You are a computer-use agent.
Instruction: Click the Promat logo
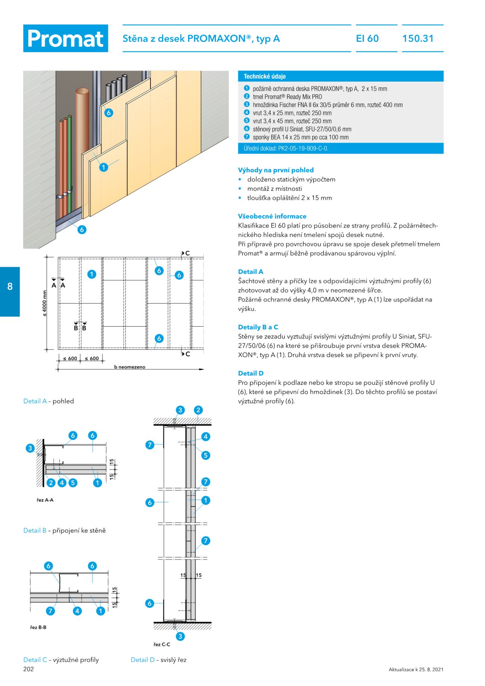pyautogui.click(x=66, y=38)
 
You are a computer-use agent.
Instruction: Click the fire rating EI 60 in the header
pyautogui.click(x=367, y=38)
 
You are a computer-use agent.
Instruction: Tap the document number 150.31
pyautogui.click(x=418, y=38)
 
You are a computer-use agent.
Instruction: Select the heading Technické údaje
pyautogui.click(x=265, y=76)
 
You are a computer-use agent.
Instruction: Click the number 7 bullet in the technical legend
pyautogui.click(x=247, y=137)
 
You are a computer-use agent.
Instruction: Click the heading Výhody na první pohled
pyautogui.click(x=276, y=170)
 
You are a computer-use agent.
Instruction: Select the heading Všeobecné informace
pyautogui.click(x=272, y=216)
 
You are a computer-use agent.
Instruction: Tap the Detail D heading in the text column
pyautogui.click(x=251, y=373)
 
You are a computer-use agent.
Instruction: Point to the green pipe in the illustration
pyautogui.click(x=69, y=157)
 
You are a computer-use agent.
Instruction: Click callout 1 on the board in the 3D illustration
pyautogui.click(x=104, y=167)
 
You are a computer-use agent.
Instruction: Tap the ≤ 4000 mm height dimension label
pyautogui.click(x=45, y=303)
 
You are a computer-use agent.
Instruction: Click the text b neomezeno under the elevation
pyautogui.click(x=129, y=367)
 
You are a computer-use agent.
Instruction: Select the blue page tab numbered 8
pyautogui.click(x=10, y=286)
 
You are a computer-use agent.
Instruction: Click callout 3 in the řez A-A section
pyautogui.click(x=30, y=448)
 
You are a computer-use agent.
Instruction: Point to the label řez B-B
pyautogui.click(x=38, y=627)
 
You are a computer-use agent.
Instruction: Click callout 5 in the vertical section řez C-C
pyautogui.click(x=205, y=455)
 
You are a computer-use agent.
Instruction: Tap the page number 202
pyautogui.click(x=28, y=669)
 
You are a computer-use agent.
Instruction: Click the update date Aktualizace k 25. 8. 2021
pyautogui.click(x=416, y=670)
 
